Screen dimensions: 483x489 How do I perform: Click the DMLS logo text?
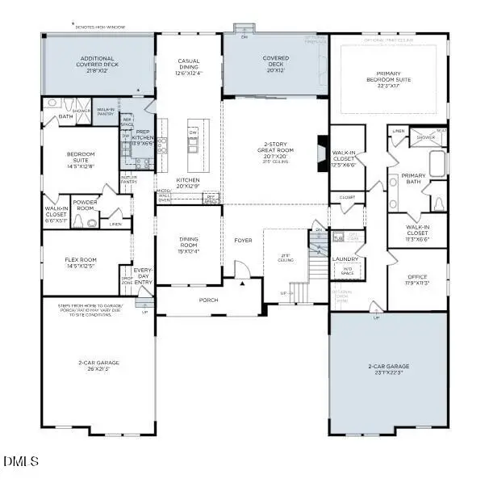coord(21,461)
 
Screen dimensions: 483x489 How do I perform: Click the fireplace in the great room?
coord(322,150)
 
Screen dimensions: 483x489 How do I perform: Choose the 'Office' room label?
coord(417,277)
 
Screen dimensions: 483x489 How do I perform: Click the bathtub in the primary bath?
coord(437,163)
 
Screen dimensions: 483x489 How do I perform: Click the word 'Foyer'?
coord(243,240)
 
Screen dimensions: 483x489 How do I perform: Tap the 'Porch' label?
coord(208,300)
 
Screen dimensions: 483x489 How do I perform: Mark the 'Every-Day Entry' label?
coord(143,275)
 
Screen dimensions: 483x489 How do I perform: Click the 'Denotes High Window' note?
coord(102,26)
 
